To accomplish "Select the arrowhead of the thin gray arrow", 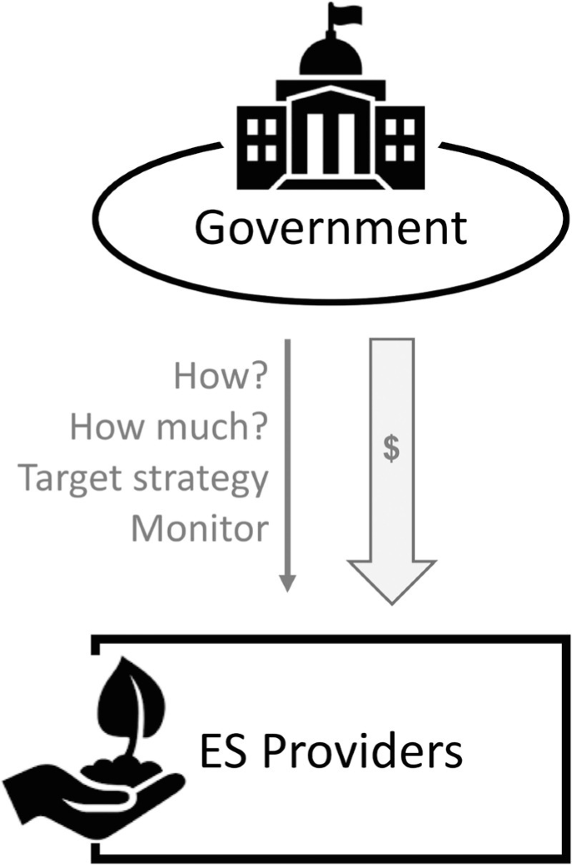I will click(286, 582).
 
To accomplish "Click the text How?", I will click(220, 377).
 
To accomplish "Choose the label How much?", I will click(169, 427).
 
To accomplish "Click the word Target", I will click(66, 478).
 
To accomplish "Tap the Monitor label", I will click(199, 528).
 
